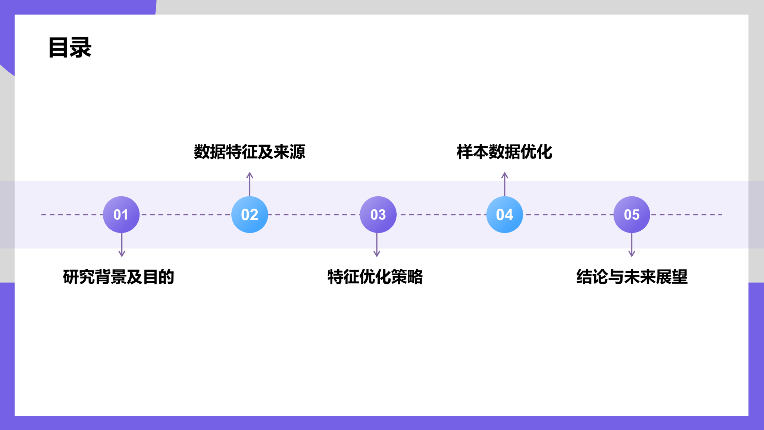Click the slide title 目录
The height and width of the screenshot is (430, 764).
pos(70,47)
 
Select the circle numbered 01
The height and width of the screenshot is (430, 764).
pos(121,215)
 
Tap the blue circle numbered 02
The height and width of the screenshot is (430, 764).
pos(250,215)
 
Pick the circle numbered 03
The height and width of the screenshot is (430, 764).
pos(378,215)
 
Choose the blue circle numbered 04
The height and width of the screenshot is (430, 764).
pos(505,215)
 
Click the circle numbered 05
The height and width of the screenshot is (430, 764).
pos(632,215)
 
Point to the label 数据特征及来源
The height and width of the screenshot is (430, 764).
pos(250,152)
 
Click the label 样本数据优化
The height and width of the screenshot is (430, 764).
pos(504,152)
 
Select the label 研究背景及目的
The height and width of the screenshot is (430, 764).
pos(119,277)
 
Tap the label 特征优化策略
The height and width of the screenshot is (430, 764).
pos(375,277)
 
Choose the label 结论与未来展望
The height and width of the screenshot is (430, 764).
pos(632,277)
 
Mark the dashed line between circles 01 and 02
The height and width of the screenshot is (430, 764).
pos(185,215)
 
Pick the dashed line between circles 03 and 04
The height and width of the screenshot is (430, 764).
pos(441,215)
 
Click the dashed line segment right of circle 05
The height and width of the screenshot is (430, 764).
pos(686,215)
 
